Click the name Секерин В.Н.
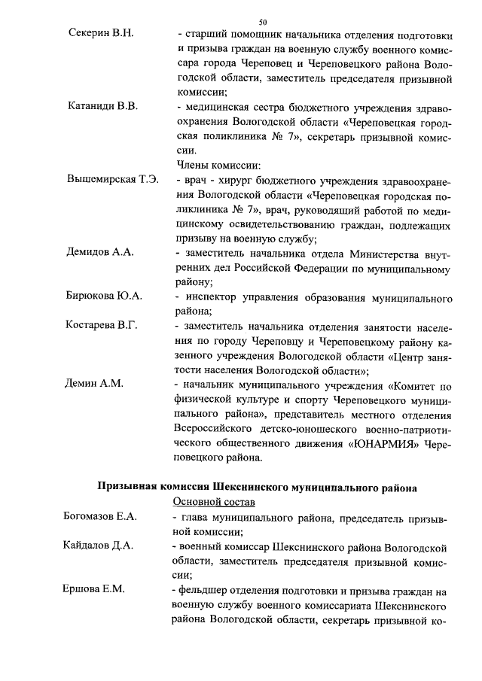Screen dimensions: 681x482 [x=100, y=35]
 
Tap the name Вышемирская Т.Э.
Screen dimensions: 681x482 [x=113, y=179]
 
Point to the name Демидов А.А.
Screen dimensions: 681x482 [x=101, y=252]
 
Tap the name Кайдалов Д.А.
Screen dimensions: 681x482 [x=98, y=546]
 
